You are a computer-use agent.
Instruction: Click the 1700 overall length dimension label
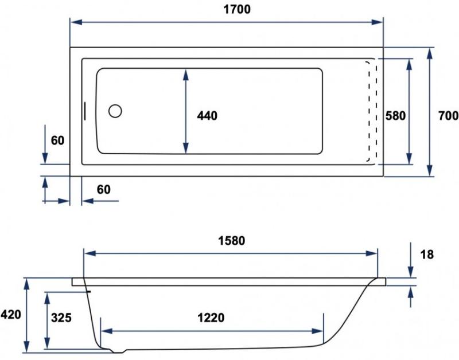(x=237, y=9)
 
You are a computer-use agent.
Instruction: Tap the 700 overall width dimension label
(x=449, y=116)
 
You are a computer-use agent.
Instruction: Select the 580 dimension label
(x=395, y=116)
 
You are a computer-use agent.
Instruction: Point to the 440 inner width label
(x=207, y=116)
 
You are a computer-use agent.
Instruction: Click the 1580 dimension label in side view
(x=232, y=241)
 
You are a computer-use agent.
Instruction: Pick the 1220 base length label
(x=211, y=318)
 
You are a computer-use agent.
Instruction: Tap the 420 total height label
(x=11, y=315)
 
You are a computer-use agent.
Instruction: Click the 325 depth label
(x=61, y=318)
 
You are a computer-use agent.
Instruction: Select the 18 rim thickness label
(x=427, y=255)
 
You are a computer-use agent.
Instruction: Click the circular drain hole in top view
(x=115, y=111)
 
